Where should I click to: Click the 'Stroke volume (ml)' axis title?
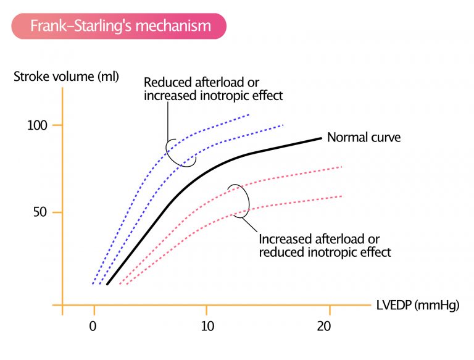(x=66, y=78)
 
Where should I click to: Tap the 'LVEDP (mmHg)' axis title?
(x=417, y=305)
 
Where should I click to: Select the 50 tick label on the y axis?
(x=39, y=213)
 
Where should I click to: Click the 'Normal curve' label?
(x=364, y=137)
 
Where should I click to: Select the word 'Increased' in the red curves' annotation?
(x=285, y=239)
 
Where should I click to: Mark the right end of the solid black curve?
(x=322, y=138)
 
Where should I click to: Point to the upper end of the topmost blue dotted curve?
(x=249, y=115)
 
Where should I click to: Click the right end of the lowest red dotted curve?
(x=341, y=196)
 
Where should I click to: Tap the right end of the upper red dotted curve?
(x=341, y=167)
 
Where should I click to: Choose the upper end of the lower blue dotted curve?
(x=283, y=125)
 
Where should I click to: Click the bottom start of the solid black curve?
(x=107, y=284)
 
